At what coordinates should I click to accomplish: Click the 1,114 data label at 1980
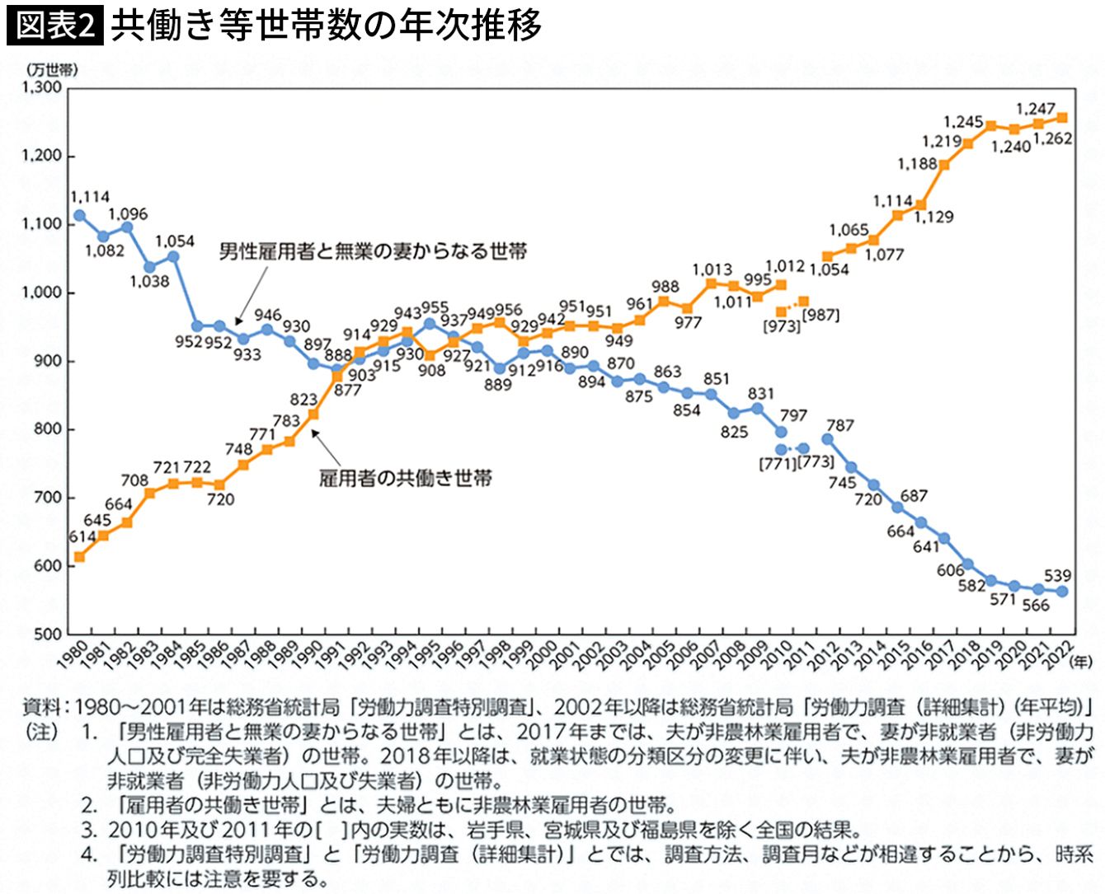click(x=90, y=197)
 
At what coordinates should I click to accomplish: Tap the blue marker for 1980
click(x=79, y=216)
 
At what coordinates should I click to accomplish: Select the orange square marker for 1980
click(x=79, y=557)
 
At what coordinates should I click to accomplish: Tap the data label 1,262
click(x=1052, y=139)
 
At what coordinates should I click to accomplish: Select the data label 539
click(x=1057, y=575)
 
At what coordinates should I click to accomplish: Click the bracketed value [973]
click(x=781, y=326)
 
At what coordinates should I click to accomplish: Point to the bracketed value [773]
click(x=816, y=462)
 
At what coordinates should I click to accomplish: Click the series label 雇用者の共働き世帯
click(x=405, y=478)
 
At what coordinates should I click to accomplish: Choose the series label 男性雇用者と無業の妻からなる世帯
click(x=373, y=251)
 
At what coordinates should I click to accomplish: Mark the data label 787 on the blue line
click(x=839, y=425)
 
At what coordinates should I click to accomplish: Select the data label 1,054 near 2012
click(x=829, y=269)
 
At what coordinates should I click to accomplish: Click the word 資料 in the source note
click(x=40, y=707)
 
